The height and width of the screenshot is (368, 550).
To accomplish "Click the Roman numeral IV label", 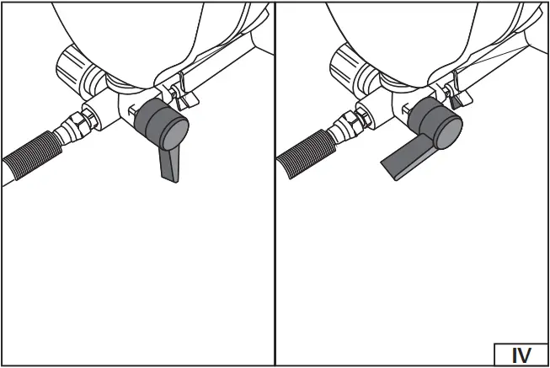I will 522,355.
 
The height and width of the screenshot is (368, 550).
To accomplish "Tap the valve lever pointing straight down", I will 168,163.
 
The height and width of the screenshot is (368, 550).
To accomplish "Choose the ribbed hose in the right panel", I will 304,156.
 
